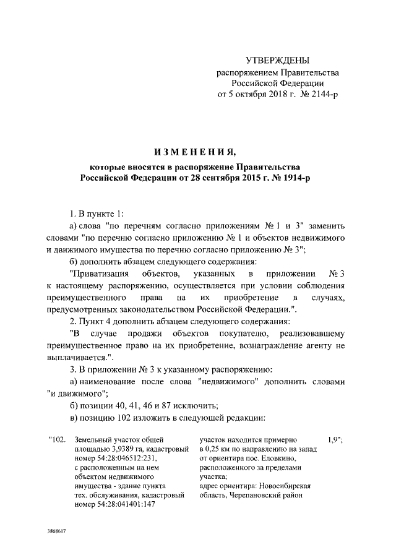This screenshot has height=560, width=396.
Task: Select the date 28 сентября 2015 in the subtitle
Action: pos(209,178)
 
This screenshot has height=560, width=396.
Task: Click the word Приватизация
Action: pos(99,273)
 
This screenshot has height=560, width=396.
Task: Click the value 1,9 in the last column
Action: pos(332,441)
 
